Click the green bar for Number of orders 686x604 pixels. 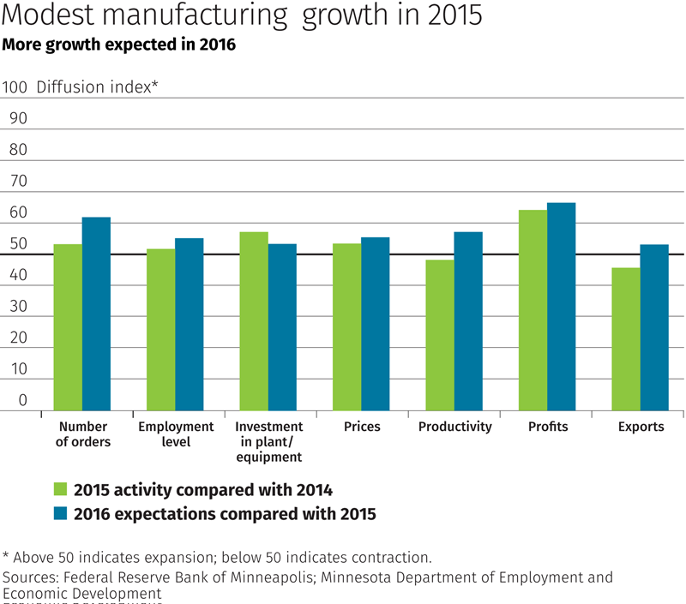click(x=68, y=327)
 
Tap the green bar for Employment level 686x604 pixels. click(x=160, y=330)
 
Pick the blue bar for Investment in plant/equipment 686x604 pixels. click(x=282, y=327)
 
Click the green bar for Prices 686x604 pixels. click(x=346, y=327)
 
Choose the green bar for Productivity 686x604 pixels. click(x=440, y=335)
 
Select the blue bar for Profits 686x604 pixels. click(x=561, y=307)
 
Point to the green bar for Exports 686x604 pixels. click(x=625, y=339)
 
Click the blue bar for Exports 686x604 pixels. click(x=653, y=327)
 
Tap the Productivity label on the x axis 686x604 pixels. click(x=454, y=427)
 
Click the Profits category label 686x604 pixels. click(x=550, y=427)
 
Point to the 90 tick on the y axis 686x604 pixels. click(x=18, y=118)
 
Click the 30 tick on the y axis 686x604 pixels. click(x=18, y=307)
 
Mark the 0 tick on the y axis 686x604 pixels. click(x=23, y=401)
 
